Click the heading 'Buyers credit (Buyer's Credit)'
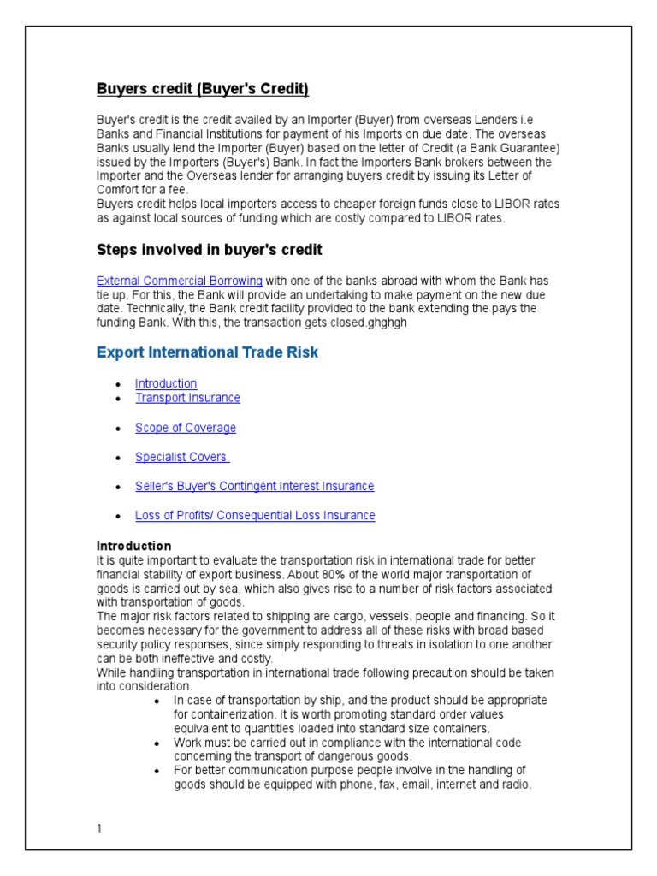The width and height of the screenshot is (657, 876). click(202, 89)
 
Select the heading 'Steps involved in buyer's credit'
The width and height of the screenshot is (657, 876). click(209, 250)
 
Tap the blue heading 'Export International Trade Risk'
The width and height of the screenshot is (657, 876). click(207, 352)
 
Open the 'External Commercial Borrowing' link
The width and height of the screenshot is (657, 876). click(180, 281)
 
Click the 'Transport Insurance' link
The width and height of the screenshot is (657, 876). click(187, 398)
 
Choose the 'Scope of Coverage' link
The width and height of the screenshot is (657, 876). click(186, 428)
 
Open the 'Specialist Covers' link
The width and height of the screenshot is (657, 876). click(181, 457)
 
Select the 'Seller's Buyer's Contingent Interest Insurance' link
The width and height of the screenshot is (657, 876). click(254, 486)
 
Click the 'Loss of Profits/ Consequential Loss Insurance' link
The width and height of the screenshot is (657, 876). click(255, 515)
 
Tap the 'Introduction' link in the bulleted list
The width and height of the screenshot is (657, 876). click(166, 383)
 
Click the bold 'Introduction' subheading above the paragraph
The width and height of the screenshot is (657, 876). click(133, 546)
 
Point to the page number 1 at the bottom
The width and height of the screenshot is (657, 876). click(99, 829)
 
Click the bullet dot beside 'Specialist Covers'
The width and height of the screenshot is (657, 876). click(117, 458)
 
